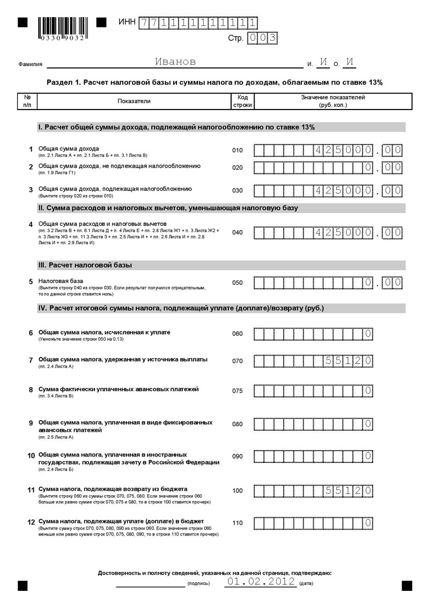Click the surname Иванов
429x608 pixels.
(175, 62)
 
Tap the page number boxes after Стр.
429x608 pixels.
(262, 38)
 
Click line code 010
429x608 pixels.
(238, 150)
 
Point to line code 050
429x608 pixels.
(238, 283)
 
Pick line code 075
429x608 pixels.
(238, 391)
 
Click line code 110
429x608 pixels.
(238, 523)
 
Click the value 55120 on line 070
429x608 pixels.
(349, 361)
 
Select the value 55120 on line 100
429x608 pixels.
(349, 490)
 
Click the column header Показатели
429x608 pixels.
(134, 101)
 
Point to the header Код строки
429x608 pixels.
(242, 101)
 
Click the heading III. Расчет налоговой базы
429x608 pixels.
(85, 265)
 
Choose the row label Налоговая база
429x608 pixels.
(61, 281)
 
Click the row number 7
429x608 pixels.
(31, 360)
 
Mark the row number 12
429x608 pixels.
(31, 522)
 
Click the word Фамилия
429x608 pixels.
(30, 64)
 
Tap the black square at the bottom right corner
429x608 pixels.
(406, 585)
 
